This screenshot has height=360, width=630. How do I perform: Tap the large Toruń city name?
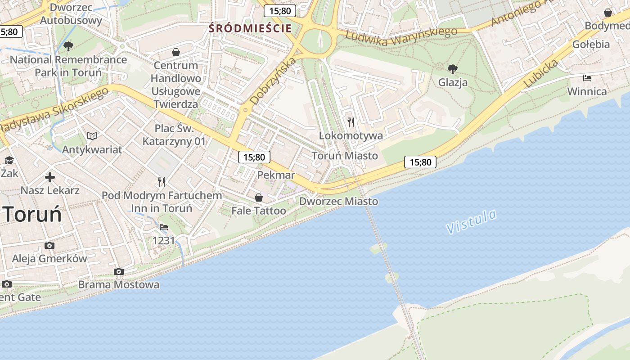33,215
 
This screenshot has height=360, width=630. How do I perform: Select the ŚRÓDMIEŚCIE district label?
250,28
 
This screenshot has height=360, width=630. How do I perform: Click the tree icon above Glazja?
453,69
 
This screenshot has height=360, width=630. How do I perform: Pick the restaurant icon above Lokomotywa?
351,122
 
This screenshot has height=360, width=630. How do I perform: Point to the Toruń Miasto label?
345,156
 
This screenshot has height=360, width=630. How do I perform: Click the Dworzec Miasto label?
338,202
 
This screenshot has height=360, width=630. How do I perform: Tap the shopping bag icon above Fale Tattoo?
259,197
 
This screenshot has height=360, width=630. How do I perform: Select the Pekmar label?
276,175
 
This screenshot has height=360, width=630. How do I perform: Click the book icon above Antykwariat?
92,136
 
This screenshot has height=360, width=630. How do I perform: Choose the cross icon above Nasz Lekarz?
50,177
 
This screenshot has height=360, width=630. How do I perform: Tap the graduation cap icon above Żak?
9,160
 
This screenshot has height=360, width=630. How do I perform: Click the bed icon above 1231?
164,228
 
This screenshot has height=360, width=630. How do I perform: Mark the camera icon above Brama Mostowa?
119,271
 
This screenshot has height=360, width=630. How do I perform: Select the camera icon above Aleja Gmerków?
49,245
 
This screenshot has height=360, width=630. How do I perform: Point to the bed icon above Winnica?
587,78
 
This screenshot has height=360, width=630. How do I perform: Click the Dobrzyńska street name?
274,81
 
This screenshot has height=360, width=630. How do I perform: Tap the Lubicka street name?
541,73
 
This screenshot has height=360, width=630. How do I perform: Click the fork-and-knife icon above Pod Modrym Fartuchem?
162,182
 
